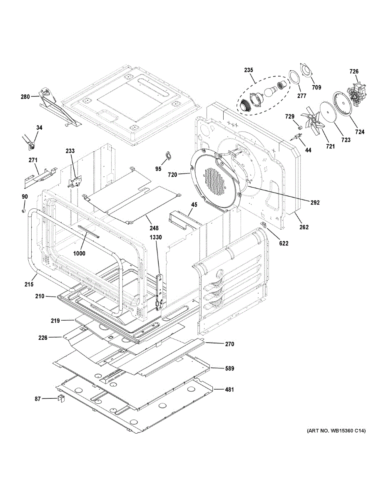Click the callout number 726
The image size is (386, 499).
pyautogui.click(x=354, y=72)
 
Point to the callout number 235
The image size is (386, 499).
pyautogui.click(x=249, y=70)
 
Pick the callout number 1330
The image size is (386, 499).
pyautogui.click(x=156, y=237)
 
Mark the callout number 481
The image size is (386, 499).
pyautogui.click(x=229, y=390)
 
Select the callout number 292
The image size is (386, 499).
pyautogui.click(x=315, y=203)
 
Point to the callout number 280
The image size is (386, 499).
pyautogui.click(x=25, y=97)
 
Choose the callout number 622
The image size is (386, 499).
pyautogui.click(x=284, y=244)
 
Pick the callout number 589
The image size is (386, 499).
pyautogui.click(x=229, y=368)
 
